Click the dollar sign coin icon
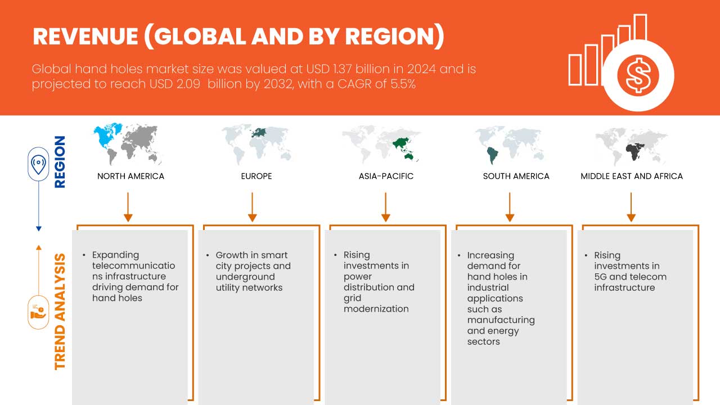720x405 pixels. [638, 76]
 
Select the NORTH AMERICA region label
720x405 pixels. [130, 176]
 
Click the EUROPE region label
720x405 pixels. [256, 176]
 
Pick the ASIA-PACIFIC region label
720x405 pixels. [386, 176]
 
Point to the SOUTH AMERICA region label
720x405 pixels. [516, 176]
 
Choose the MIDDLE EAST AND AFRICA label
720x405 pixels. [631, 176]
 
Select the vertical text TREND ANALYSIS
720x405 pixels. [60, 312]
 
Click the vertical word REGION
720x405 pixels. [60, 162]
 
